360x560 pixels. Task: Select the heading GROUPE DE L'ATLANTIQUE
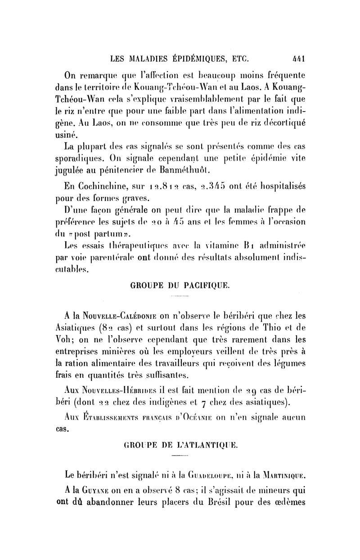coord(180,445)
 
